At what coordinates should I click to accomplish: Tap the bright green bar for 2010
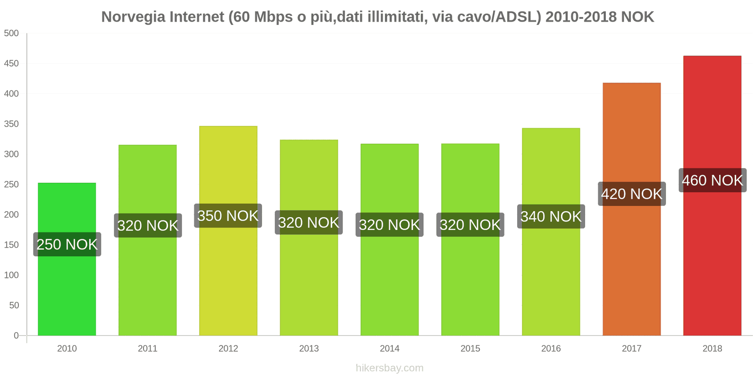(x=67, y=292)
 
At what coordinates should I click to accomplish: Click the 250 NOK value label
(x=67, y=244)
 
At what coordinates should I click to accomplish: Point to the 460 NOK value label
(x=713, y=180)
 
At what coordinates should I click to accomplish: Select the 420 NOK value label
(x=632, y=194)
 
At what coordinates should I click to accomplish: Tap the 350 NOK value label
(x=228, y=216)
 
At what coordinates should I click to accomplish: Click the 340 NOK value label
(x=551, y=216)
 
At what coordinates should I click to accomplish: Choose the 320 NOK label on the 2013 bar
(x=309, y=222)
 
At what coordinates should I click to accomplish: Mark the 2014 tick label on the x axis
(x=390, y=348)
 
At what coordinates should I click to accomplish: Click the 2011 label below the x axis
(x=148, y=348)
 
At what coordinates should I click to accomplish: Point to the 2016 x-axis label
(x=551, y=348)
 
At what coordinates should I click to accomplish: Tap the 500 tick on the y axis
(x=11, y=33)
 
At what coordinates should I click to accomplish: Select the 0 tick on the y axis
(x=16, y=336)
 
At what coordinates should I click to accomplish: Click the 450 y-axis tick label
(x=11, y=63)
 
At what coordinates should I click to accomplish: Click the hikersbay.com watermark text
(x=390, y=368)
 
